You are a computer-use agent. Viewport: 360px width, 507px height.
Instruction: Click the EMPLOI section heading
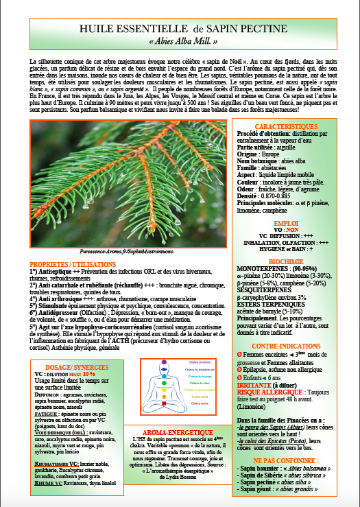point(286,204)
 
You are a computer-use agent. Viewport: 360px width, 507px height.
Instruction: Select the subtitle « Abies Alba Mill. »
point(182,42)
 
